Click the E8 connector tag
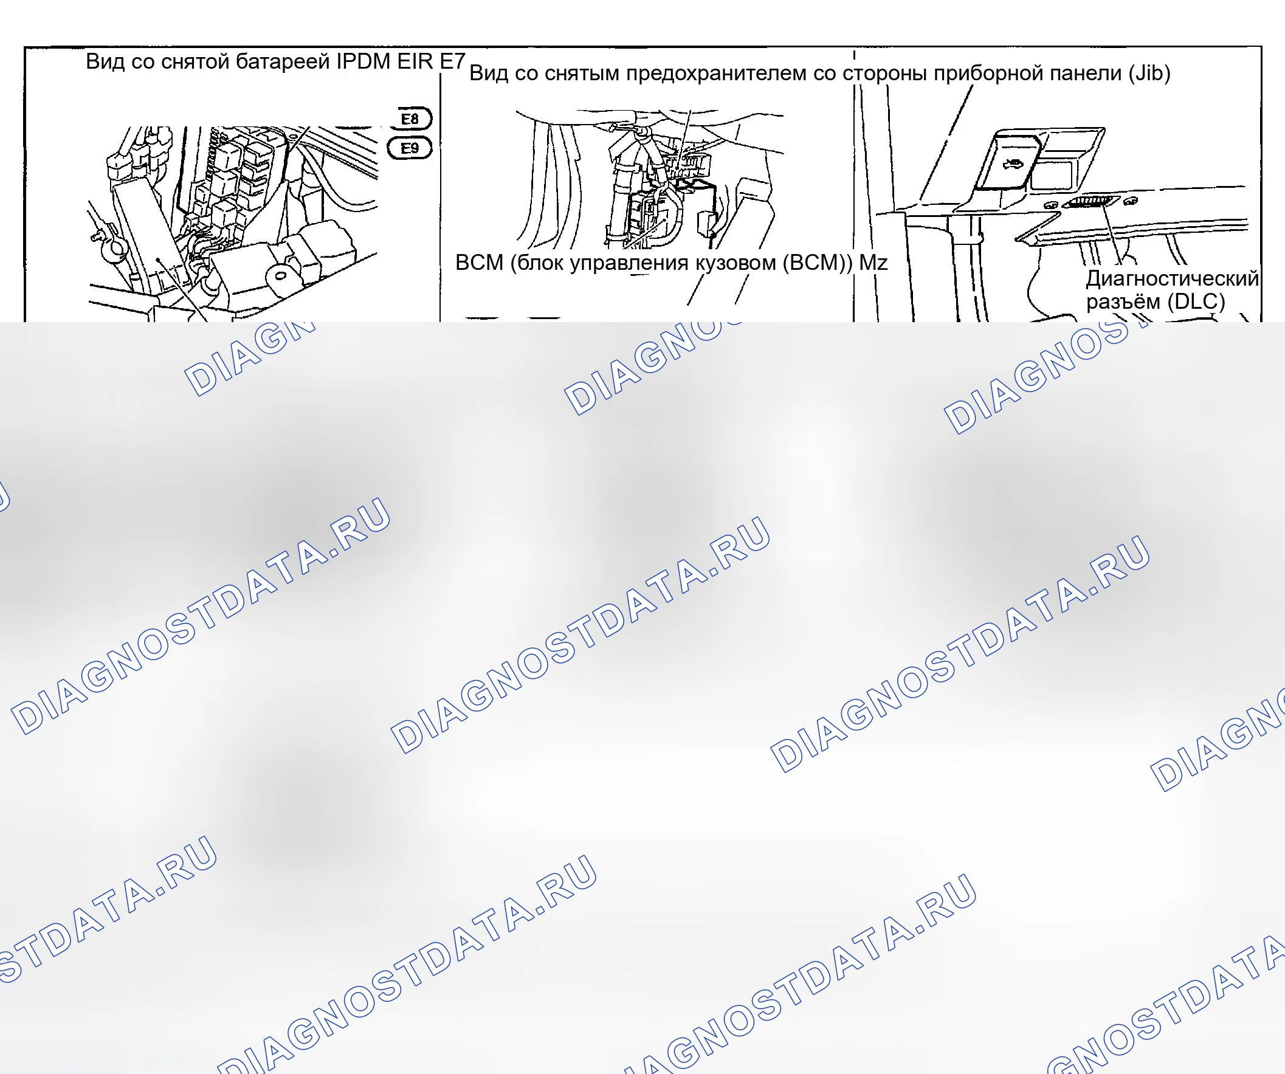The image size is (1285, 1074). pos(411,118)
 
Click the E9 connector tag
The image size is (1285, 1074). pos(410,148)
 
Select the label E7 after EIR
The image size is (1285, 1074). pos(453,61)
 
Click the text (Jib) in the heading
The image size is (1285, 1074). pos(1150,73)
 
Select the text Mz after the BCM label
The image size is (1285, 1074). pos(873,263)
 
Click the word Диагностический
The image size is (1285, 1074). pos(1173,278)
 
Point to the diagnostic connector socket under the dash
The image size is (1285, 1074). pos(1092,202)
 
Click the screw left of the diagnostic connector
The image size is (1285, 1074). pos(1051,205)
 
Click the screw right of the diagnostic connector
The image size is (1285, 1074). pos(1131,201)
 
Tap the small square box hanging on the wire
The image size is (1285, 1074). pos(707,222)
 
